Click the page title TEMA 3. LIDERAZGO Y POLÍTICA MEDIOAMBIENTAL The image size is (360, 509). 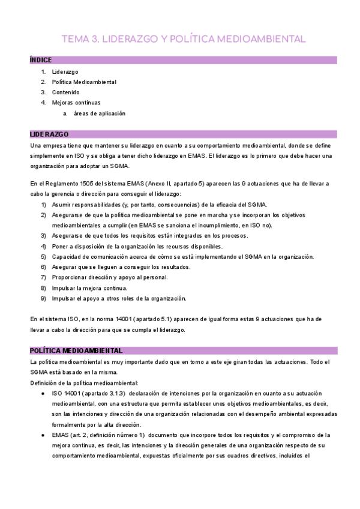click(184, 40)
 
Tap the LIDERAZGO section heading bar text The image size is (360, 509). click(49, 134)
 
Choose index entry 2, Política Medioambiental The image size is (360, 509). click(84, 82)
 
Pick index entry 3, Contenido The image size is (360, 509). click(65, 92)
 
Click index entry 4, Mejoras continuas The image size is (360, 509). click(76, 103)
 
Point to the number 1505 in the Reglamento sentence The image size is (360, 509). click(85, 183)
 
